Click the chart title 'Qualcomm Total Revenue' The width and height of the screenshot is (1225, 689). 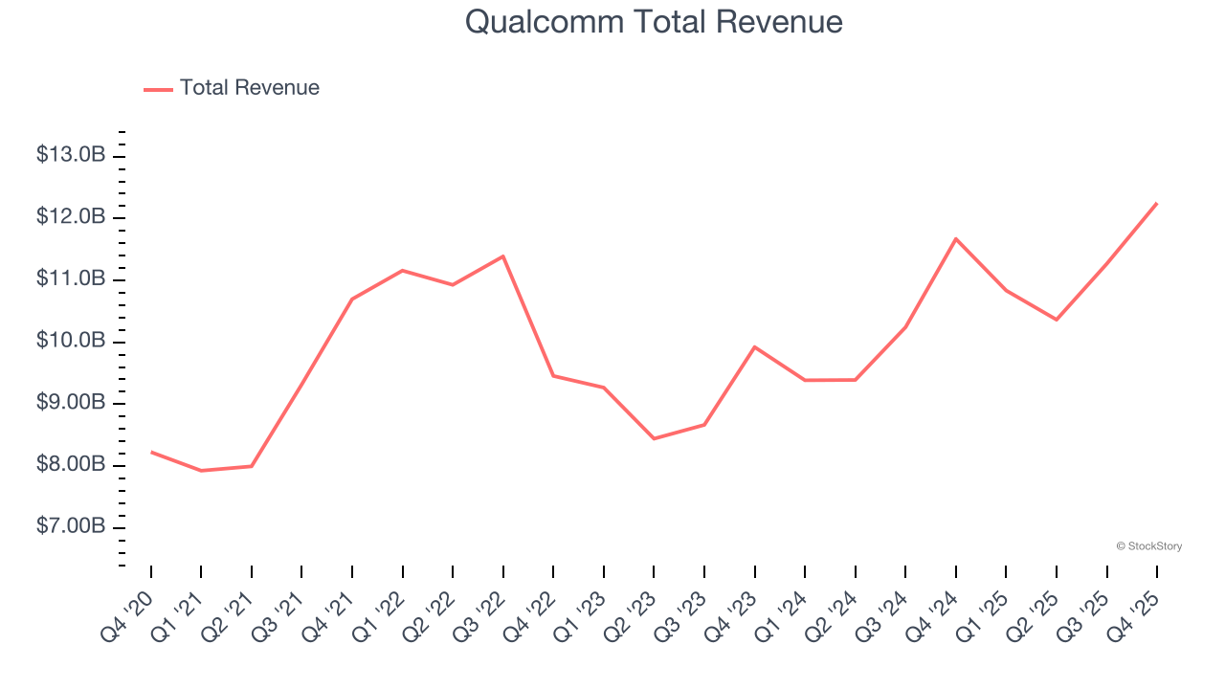pyautogui.click(x=654, y=22)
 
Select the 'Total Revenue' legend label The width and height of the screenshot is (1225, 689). pyautogui.click(x=249, y=88)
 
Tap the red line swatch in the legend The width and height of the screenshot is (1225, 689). pyautogui.click(x=158, y=89)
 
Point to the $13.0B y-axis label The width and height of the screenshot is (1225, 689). pyautogui.click(x=71, y=155)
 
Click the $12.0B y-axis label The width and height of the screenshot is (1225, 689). pyautogui.click(x=71, y=217)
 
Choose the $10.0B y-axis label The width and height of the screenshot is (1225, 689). pyautogui.click(x=71, y=342)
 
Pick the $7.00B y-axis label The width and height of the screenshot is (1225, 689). pyautogui.click(x=71, y=527)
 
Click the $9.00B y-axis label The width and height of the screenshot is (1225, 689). pyautogui.click(x=71, y=403)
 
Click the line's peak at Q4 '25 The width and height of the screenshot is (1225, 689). pyautogui.click(x=1157, y=203)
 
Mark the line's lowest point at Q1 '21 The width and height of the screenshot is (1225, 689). pyautogui.click(x=201, y=471)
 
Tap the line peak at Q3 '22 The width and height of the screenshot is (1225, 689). pyautogui.click(x=503, y=256)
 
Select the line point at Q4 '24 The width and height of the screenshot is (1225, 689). pyautogui.click(x=956, y=238)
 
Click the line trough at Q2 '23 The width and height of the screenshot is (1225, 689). pyautogui.click(x=654, y=438)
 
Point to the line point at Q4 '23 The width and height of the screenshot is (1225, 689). pyautogui.click(x=755, y=346)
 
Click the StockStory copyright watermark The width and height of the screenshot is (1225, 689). pyautogui.click(x=1148, y=546)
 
